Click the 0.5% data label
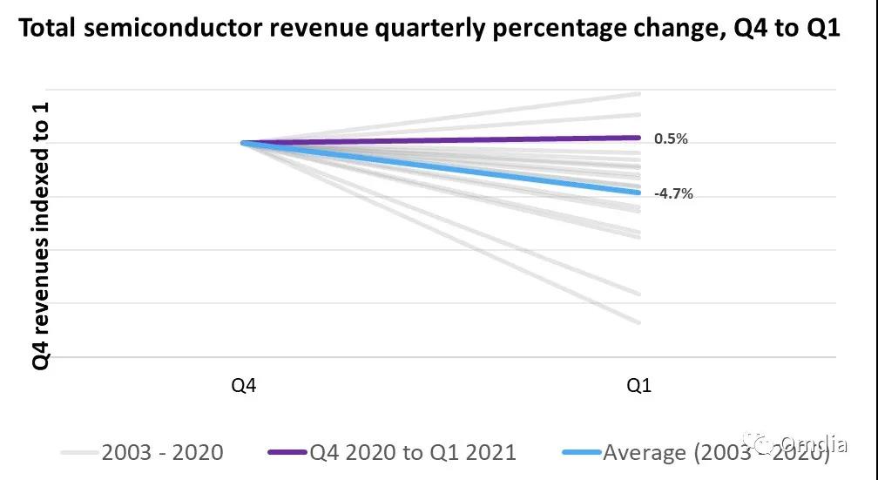(x=670, y=139)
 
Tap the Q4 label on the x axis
(x=244, y=386)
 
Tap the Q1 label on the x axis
(x=640, y=386)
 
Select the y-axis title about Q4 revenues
(x=42, y=235)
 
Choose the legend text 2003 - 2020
(x=162, y=452)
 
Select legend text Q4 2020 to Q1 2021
(x=412, y=452)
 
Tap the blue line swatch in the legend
(x=578, y=453)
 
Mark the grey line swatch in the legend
(x=79, y=453)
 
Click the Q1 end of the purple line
(x=638, y=137)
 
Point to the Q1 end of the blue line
(x=638, y=193)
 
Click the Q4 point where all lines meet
(x=244, y=143)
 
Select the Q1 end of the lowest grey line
(x=638, y=322)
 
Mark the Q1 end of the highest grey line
(x=638, y=93)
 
